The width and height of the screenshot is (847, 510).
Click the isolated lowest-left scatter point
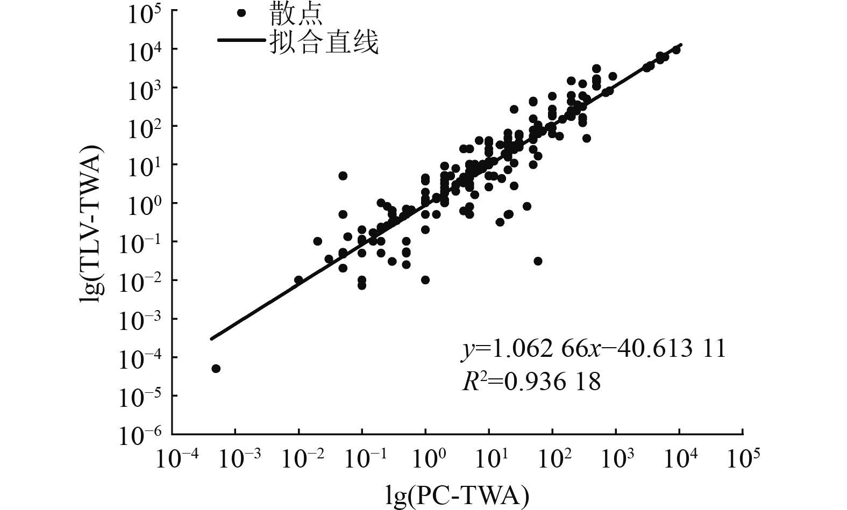(x=216, y=368)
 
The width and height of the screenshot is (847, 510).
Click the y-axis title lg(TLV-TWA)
(x=91, y=224)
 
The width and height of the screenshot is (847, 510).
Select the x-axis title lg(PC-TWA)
(x=457, y=495)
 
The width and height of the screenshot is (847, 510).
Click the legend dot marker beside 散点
(x=241, y=13)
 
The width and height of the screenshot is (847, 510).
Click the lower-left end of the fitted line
(x=211, y=339)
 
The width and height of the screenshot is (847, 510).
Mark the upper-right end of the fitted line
(x=681, y=45)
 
